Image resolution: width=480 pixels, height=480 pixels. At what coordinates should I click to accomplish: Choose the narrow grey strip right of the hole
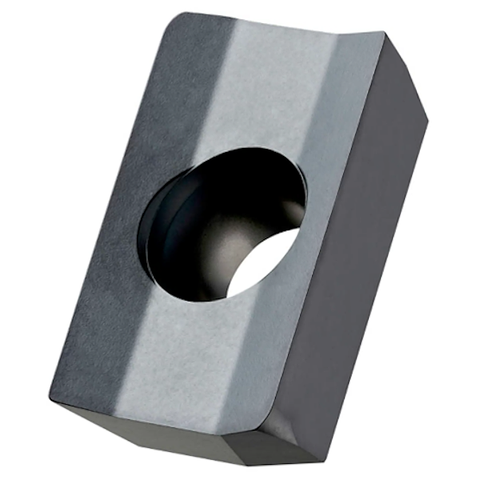click(x=320, y=240)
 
